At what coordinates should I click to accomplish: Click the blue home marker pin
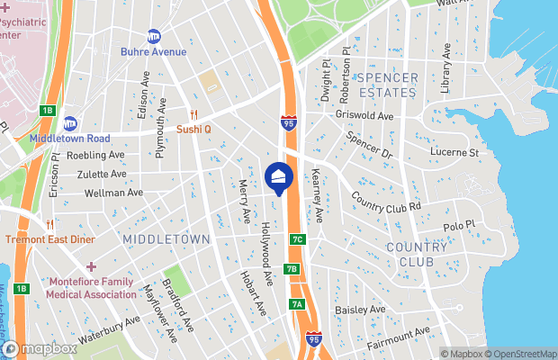pyautogui.click(x=279, y=177)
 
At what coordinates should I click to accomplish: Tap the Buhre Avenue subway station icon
pyautogui.click(x=154, y=37)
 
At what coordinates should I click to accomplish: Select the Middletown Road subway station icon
pyautogui.click(x=69, y=123)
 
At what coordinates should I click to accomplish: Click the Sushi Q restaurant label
pyautogui.click(x=193, y=129)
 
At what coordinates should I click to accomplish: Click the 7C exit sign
pyautogui.click(x=297, y=239)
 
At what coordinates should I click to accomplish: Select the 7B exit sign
pyautogui.click(x=292, y=268)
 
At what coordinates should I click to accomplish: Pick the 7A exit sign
pyautogui.click(x=297, y=304)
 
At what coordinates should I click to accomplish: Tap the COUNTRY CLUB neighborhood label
pyautogui.click(x=416, y=255)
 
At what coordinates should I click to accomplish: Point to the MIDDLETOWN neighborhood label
pyautogui.click(x=166, y=238)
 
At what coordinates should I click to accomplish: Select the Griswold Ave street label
pyautogui.click(x=363, y=116)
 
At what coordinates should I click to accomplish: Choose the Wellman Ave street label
pyautogui.click(x=113, y=193)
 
